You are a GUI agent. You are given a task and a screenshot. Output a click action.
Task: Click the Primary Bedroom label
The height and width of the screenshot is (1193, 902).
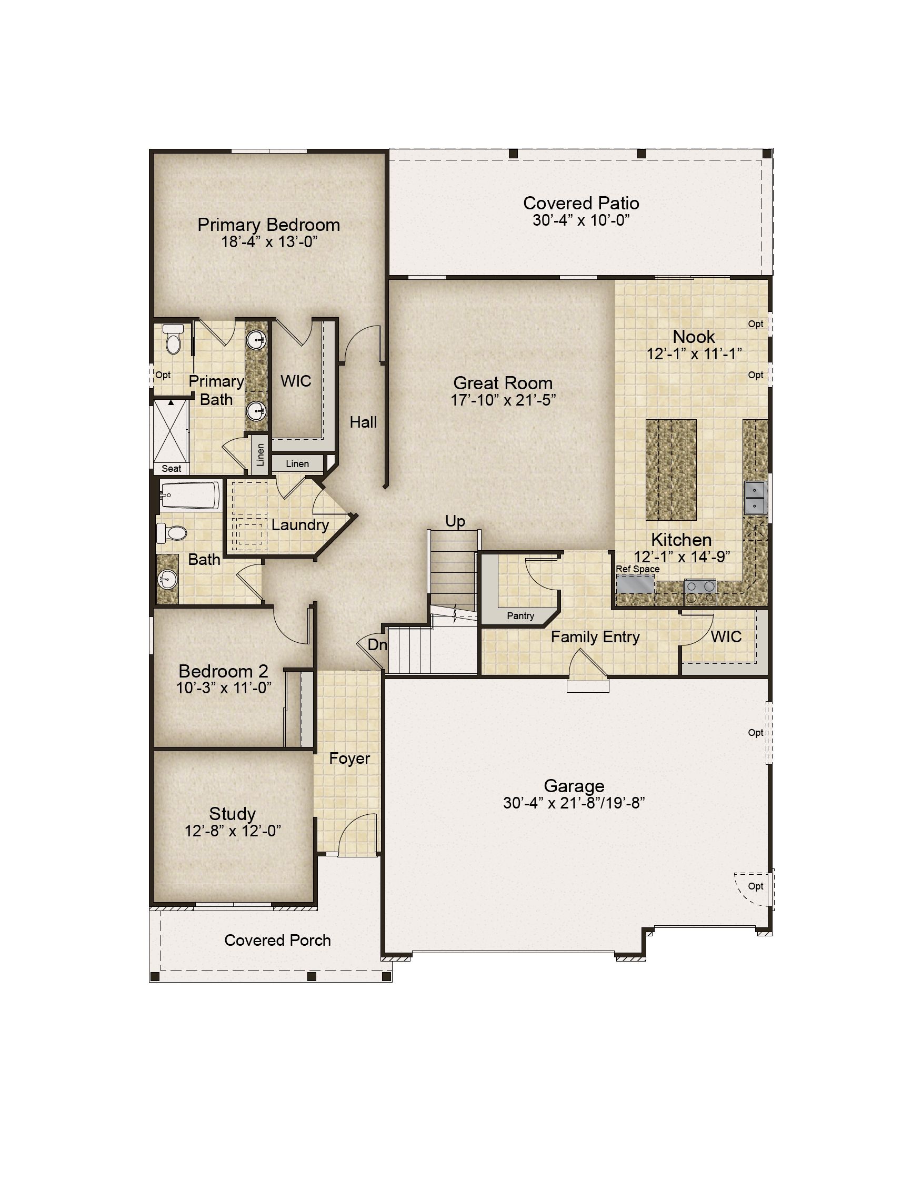269,225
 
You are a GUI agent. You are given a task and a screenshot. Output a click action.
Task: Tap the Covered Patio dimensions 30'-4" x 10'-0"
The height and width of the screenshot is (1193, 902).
581,220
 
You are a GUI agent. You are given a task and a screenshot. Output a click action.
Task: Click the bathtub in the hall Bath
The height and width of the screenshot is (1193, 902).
191,496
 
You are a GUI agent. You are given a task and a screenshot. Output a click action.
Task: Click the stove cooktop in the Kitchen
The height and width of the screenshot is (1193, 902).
700,591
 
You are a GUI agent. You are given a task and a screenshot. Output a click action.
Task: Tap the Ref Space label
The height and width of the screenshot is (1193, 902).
638,569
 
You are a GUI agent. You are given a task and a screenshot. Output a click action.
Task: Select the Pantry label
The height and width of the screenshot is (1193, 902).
520,616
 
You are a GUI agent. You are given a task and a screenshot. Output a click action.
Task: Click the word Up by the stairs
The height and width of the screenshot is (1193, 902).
455,521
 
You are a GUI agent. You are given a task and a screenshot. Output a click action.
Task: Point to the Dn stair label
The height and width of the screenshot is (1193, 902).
377,644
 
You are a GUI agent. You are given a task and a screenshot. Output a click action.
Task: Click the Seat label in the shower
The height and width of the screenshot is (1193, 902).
172,469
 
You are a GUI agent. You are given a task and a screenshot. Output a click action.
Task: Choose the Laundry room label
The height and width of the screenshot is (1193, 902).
300,525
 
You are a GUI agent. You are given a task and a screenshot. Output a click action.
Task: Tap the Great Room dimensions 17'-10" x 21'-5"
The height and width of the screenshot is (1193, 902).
503,400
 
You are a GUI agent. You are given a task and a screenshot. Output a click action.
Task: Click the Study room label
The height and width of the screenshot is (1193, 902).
233,814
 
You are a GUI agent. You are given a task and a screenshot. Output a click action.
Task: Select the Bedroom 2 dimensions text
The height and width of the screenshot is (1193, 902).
224,688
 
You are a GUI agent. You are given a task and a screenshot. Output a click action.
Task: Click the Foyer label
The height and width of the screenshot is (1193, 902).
349,759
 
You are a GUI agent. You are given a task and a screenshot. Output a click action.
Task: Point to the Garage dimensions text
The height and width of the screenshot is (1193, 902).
574,803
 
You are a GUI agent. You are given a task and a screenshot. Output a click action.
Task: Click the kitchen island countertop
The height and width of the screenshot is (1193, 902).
671,470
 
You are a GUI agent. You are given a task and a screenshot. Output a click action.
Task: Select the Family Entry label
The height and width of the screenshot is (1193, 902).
595,637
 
